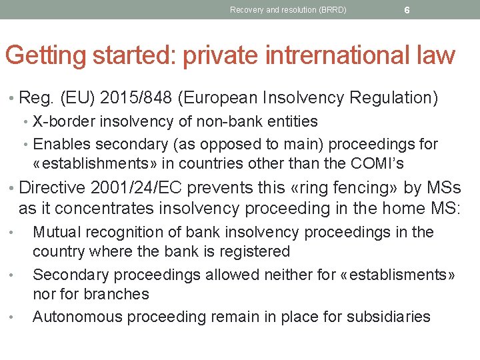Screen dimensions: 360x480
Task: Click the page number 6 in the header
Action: coord(407,10)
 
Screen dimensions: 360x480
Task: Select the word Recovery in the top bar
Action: coord(245,10)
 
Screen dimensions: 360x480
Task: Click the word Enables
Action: coord(61,144)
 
